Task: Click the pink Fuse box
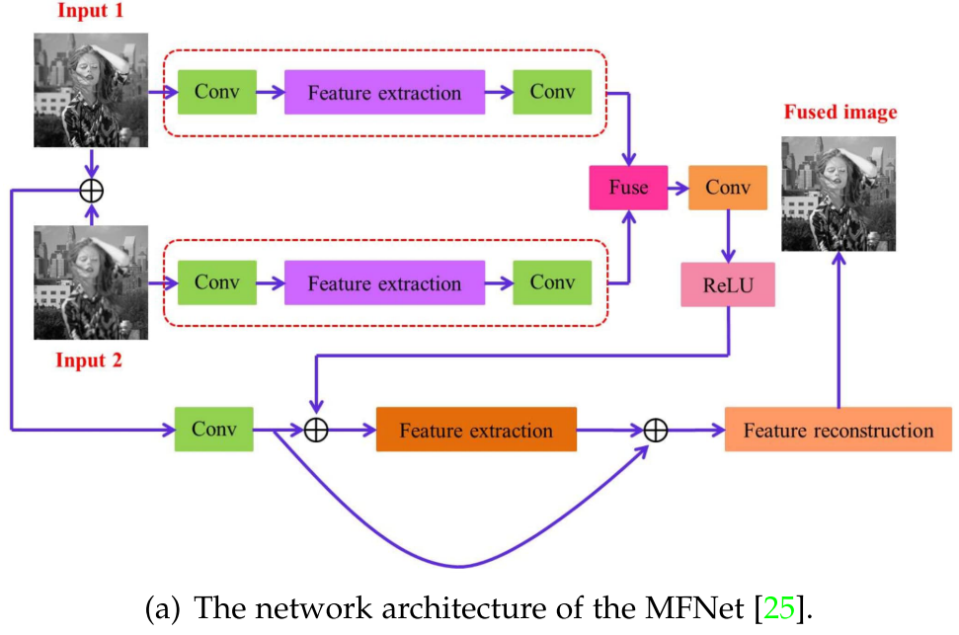point(627,188)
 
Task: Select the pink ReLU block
point(727,285)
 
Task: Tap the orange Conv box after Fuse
point(728,188)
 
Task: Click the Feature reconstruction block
point(838,431)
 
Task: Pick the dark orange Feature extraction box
point(476,431)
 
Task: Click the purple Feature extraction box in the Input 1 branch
point(384,93)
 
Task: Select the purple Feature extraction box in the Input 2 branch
point(384,283)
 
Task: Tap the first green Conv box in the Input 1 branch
point(216,93)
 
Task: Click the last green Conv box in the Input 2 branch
point(552,283)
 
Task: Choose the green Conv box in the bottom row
point(213,430)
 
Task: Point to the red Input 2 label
point(89,360)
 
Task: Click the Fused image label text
point(839,113)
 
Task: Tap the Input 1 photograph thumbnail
point(91,90)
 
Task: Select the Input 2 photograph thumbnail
point(91,282)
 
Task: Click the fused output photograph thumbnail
point(839,194)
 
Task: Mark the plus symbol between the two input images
point(91,189)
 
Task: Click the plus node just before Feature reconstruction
point(656,431)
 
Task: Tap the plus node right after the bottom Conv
point(315,431)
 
